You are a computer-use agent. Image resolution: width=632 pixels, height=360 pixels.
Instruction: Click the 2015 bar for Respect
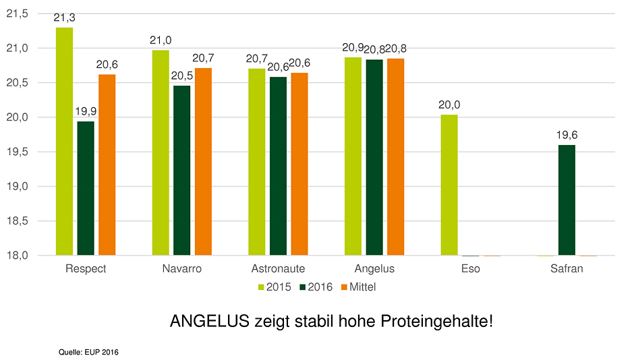pos(64,142)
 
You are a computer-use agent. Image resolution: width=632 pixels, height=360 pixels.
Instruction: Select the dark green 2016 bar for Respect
pos(86,188)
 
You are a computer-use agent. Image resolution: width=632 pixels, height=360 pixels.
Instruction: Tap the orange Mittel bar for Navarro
pos(203,162)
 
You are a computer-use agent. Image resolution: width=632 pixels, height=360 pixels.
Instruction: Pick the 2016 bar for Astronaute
pos(278,166)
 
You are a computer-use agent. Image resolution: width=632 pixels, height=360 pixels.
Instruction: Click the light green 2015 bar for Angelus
pos(353,156)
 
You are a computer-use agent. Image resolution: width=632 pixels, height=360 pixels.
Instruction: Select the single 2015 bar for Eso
pos(449,185)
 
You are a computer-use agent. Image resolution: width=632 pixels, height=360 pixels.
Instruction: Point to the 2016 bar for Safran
pos(567,200)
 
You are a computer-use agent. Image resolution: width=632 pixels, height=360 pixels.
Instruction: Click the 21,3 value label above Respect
pos(64,18)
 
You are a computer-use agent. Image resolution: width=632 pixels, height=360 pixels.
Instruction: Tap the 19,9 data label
pos(86,112)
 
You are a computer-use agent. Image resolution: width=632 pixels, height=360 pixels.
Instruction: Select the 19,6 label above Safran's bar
pos(567,136)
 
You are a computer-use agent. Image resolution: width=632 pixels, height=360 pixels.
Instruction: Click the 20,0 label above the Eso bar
pos(449,105)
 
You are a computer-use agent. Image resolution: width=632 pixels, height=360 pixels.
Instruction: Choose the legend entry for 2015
pos(274,287)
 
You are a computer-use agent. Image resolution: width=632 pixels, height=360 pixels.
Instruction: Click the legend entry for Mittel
pos(357,287)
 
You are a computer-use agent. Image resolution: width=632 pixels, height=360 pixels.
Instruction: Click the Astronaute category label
pos(278,268)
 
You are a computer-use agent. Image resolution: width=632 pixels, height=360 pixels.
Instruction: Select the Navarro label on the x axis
pos(181,268)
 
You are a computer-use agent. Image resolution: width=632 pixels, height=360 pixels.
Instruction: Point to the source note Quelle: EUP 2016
pos(88,351)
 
